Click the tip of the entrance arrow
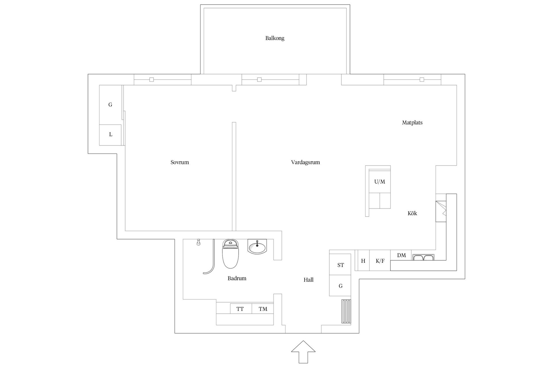tap(303, 341)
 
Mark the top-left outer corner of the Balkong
tap(200, 5)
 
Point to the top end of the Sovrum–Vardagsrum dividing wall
tap(234, 122)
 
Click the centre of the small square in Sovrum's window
tap(152, 80)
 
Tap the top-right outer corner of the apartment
tap(465, 74)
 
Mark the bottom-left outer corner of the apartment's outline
tap(175, 333)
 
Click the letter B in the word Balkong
tap(267, 38)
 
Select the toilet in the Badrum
tap(231, 254)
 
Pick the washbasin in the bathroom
tap(257, 247)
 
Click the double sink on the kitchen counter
tap(423, 257)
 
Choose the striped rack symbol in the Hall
tap(346, 312)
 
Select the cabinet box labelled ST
tap(340, 264)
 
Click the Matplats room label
tap(412, 122)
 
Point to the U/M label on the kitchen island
tap(379, 182)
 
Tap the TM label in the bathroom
tap(263, 309)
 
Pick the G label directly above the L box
tap(110, 105)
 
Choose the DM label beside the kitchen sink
tap(401, 255)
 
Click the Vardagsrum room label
tap(305, 162)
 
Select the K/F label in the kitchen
tap(380, 261)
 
